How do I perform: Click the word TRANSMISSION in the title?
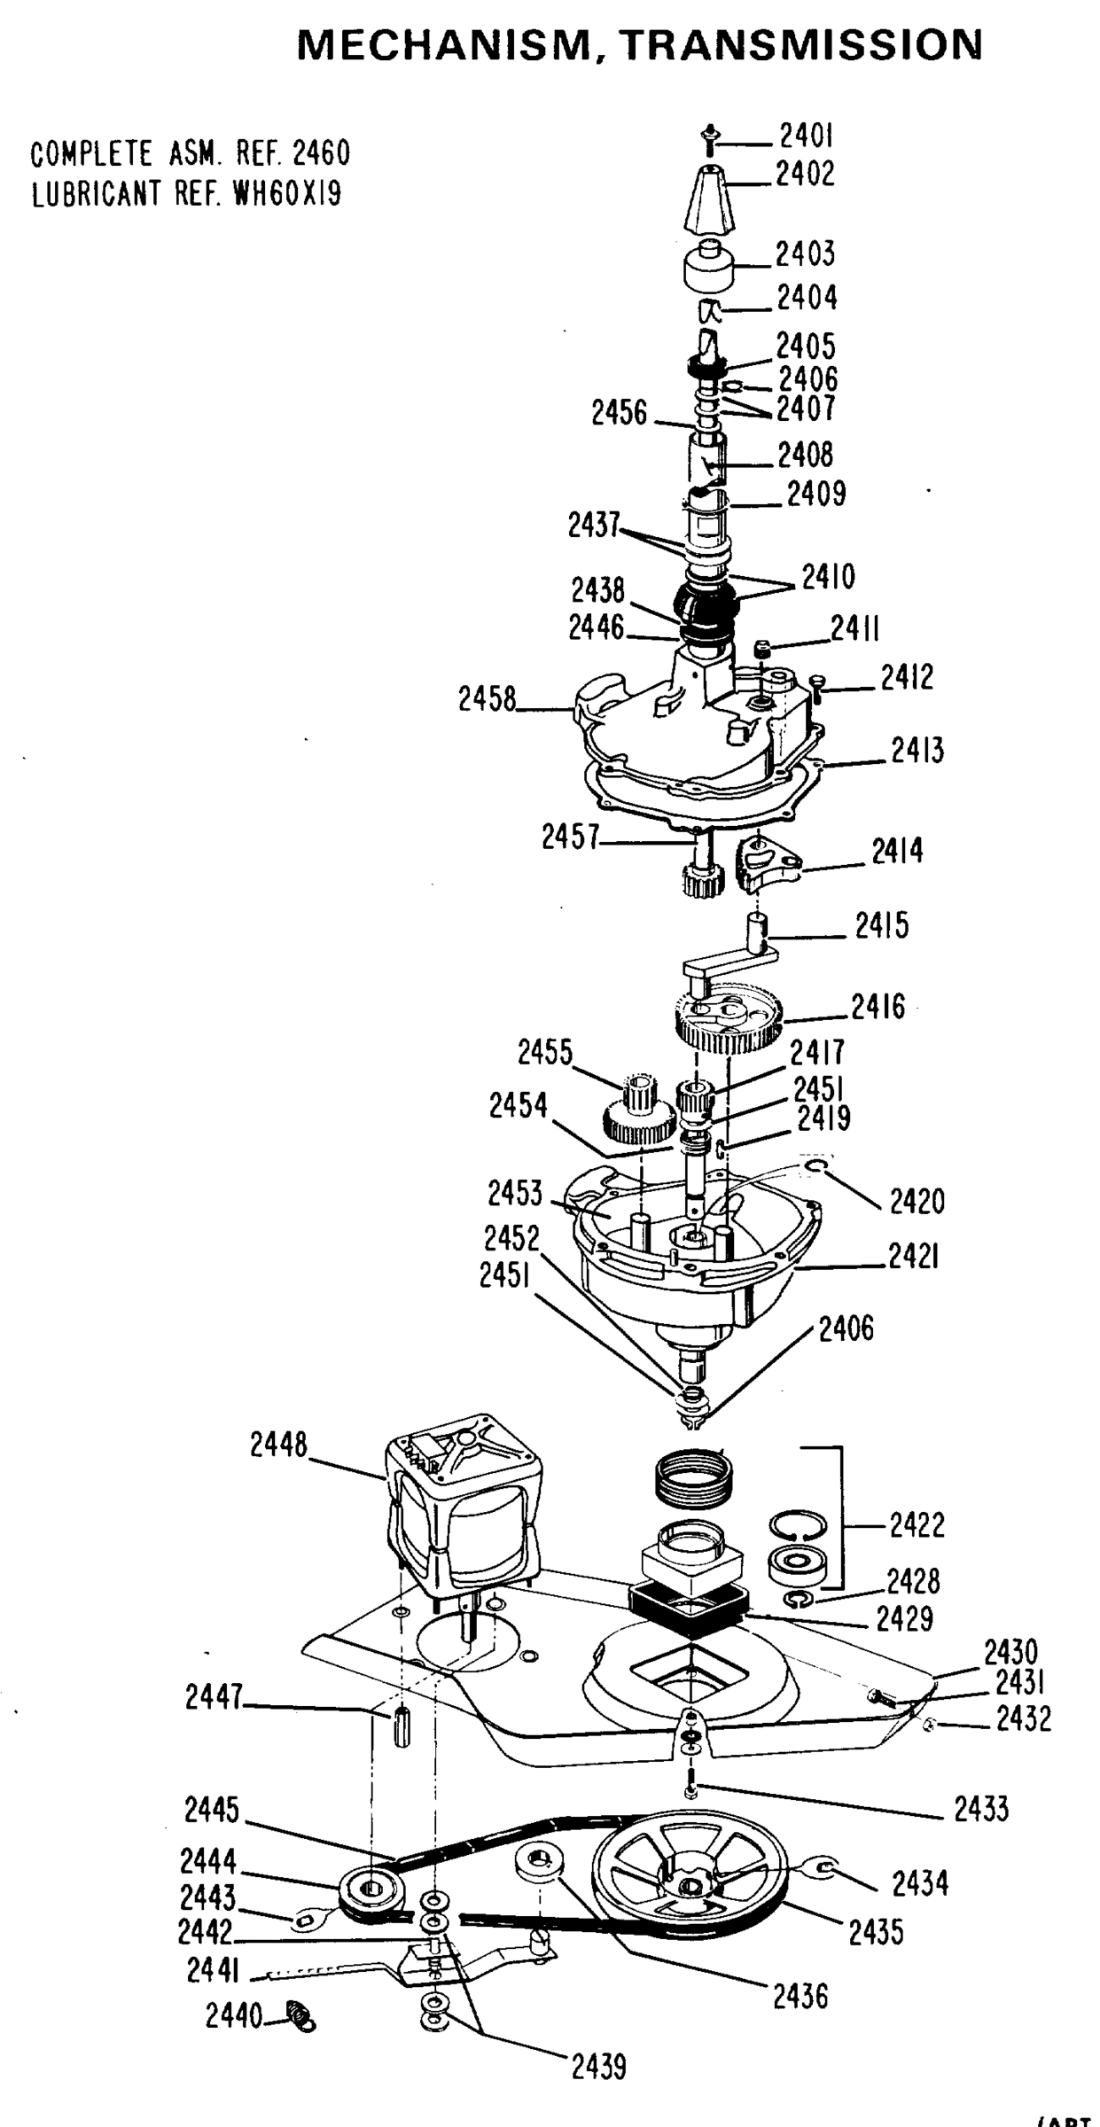point(803,44)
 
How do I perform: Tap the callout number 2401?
point(806,136)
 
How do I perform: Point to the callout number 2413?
point(917,752)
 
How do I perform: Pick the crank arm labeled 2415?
point(729,962)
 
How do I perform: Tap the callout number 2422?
point(917,1525)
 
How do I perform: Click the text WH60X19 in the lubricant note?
point(286,193)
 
